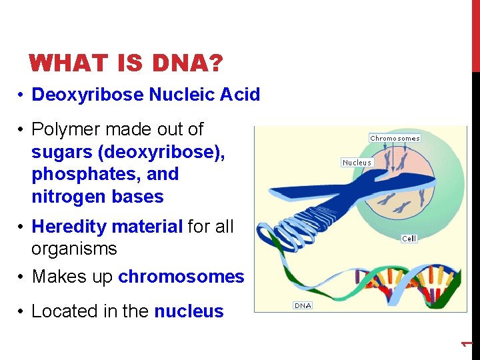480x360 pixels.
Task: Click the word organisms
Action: pos(74,249)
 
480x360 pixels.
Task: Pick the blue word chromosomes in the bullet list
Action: pos(181,277)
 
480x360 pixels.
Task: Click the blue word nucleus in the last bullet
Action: pos(189,311)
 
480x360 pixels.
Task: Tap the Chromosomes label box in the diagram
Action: pos(395,138)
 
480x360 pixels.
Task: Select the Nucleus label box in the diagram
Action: pos(357,162)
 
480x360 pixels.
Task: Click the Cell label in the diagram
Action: pos(409,238)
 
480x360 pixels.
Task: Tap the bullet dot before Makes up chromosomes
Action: pos(22,277)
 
